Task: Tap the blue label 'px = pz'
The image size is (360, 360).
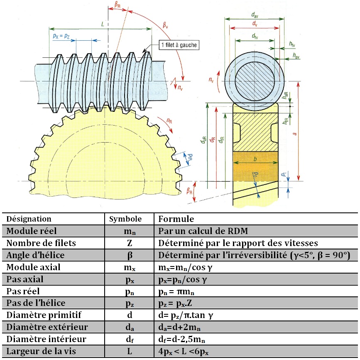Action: pyautogui.click(x=61, y=36)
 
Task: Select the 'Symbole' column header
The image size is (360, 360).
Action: pyautogui.click(x=125, y=219)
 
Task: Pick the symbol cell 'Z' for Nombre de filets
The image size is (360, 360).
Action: pyautogui.click(x=125, y=243)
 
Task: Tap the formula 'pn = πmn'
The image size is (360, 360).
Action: pyautogui.click(x=179, y=291)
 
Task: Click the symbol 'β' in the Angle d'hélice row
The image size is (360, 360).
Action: pyautogui.click(x=125, y=255)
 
